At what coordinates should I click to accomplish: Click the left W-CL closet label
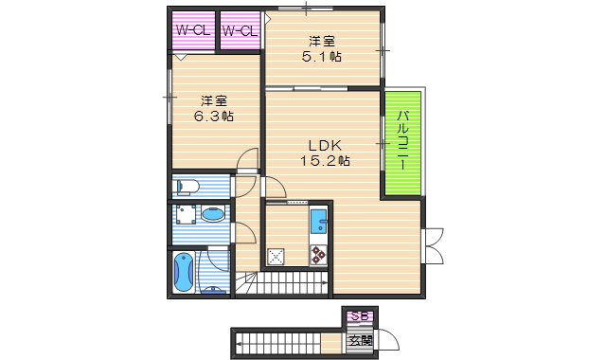point(192,30)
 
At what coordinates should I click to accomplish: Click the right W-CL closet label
point(240,30)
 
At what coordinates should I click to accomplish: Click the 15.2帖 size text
point(325,161)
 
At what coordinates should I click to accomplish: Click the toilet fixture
point(186,186)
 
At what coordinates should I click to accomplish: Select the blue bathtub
point(183,272)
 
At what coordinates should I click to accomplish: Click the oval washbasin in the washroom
point(215,215)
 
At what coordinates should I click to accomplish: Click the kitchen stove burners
point(318,255)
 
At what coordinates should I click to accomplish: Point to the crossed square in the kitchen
point(276,255)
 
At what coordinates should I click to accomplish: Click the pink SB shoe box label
point(359,316)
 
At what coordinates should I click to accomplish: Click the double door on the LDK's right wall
point(435,244)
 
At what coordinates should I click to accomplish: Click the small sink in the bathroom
point(216,289)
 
